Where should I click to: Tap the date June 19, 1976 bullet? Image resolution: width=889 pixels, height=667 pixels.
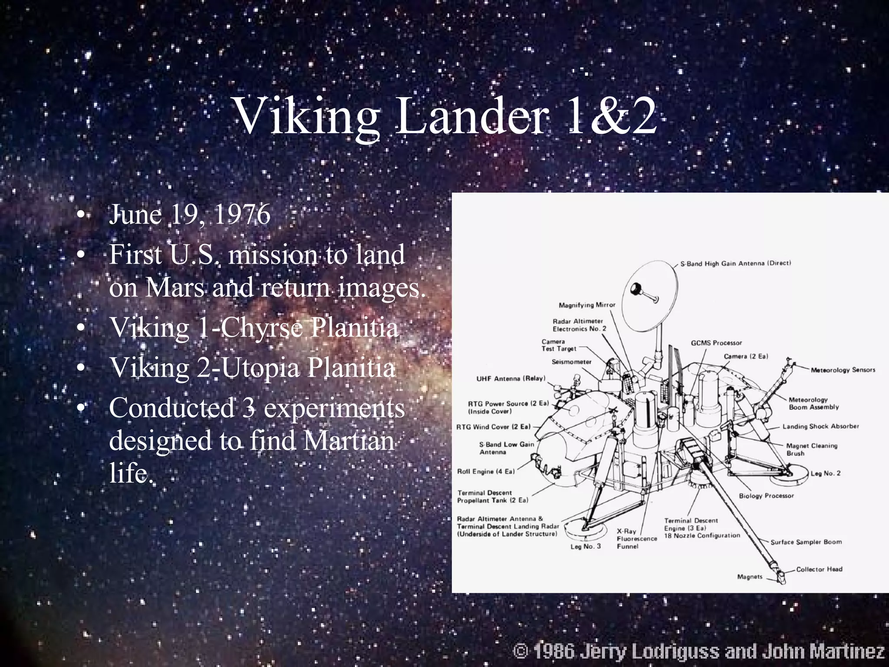point(190,215)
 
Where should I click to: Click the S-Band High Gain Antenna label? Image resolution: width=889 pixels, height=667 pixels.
point(735,263)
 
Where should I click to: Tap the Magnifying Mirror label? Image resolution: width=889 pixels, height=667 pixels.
point(587,305)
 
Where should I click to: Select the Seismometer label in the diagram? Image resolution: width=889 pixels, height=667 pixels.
point(571,361)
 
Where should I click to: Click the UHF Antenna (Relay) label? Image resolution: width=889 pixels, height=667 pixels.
point(511,379)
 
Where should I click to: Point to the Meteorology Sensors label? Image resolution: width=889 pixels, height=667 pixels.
point(843,370)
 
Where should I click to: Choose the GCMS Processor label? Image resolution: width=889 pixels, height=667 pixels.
point(716,343)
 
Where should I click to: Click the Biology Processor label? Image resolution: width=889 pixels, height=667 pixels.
point(766,495)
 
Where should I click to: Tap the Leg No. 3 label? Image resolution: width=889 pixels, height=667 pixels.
point(585,546)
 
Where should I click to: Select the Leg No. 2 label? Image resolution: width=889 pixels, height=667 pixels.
point(825,473)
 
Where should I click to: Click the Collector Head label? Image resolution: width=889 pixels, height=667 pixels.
point(819,569)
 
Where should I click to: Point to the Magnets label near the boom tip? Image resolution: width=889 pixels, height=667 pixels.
point(750,577)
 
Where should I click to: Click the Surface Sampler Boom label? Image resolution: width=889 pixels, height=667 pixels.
point(806,542)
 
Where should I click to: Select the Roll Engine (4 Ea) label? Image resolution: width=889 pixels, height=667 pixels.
point(486,472)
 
